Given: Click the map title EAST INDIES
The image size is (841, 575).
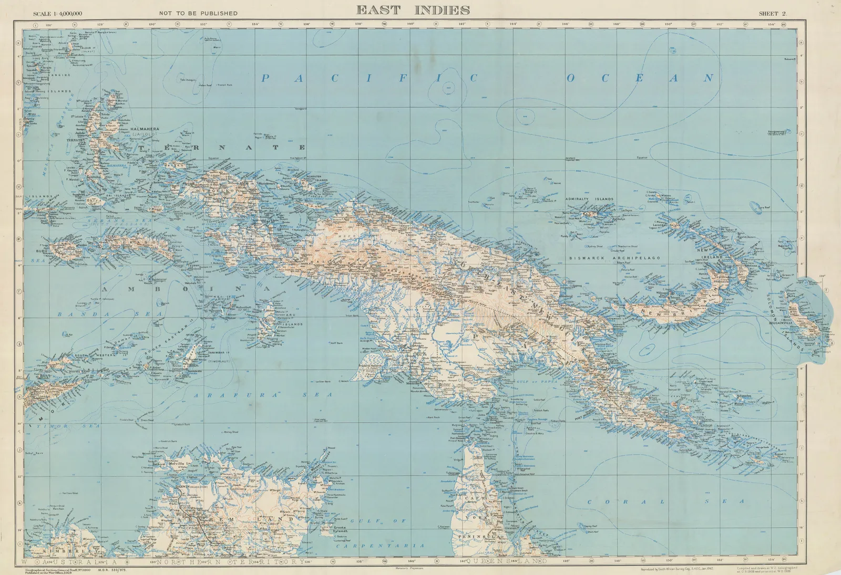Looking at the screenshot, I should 413,10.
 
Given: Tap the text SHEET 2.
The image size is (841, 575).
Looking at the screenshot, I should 772,14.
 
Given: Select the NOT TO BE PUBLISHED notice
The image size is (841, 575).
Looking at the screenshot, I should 198,14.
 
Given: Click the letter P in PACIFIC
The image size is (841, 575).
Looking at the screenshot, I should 266,79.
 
